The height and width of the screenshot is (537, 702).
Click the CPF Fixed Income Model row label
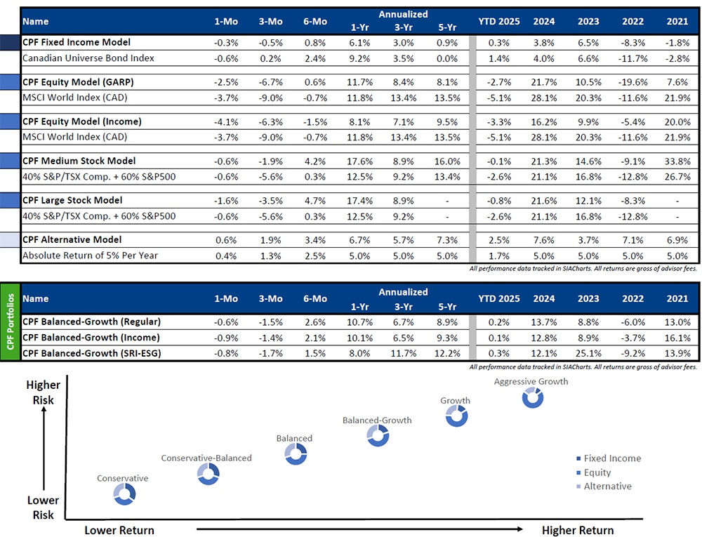[77, 42]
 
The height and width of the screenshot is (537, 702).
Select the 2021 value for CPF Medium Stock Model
[677, 161]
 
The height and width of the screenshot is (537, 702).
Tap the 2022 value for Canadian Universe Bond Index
[633, 59]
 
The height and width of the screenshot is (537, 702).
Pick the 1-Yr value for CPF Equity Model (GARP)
[359, 82]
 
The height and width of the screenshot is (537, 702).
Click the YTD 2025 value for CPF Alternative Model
[498, 240]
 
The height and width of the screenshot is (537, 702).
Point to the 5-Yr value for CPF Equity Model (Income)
[447, 121]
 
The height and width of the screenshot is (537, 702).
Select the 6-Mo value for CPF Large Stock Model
[315, 201]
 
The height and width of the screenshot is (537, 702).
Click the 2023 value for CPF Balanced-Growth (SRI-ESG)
[588, 354]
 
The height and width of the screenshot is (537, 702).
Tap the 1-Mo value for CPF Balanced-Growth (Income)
[226, 338]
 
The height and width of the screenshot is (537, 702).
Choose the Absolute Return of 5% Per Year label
[90, 256]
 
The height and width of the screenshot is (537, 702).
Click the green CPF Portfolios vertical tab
[11, 321]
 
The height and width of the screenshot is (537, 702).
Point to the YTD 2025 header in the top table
[498, 22]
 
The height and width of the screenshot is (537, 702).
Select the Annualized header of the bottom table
[403, 292]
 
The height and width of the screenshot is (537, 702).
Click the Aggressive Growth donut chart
[533, 397]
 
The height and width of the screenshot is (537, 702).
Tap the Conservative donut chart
[124, 494]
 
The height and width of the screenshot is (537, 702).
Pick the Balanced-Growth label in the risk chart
[377, 420]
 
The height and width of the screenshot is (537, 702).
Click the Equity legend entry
[594, 472]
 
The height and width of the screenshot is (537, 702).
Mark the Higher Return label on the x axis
[578, 530]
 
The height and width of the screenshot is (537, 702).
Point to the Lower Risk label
[43, 508]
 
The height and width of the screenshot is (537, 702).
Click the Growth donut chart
[457, 416]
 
